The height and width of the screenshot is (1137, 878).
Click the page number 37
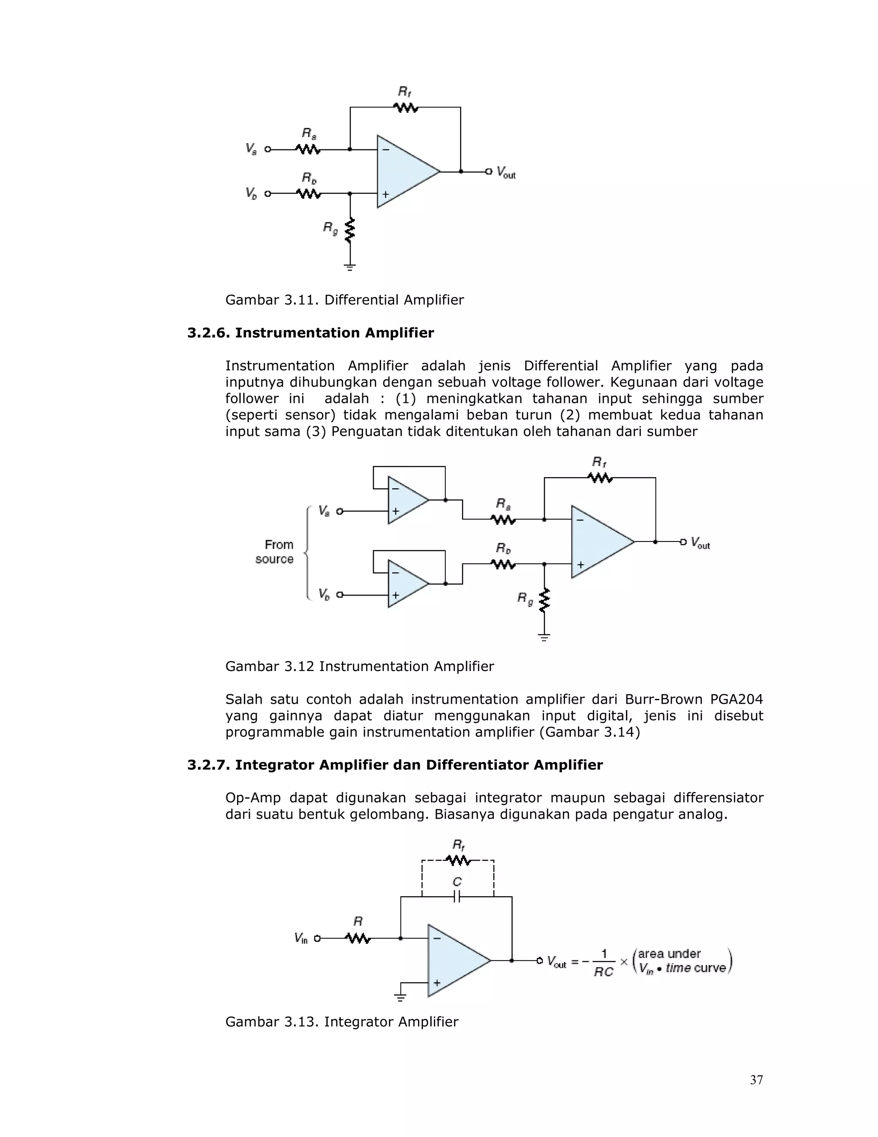756,1080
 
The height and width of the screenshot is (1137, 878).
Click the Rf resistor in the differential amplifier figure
406,108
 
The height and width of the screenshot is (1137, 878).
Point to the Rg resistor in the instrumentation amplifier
544,600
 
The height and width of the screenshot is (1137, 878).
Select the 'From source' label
275,552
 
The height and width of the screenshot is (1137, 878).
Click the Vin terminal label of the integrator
301,938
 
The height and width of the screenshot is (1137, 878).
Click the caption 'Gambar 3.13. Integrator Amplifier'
342,1022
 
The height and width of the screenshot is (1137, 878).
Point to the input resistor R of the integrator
358,938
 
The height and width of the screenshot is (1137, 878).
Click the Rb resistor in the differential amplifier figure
309,194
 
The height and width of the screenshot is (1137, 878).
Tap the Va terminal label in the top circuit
251,149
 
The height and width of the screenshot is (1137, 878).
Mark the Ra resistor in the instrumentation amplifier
503,519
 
